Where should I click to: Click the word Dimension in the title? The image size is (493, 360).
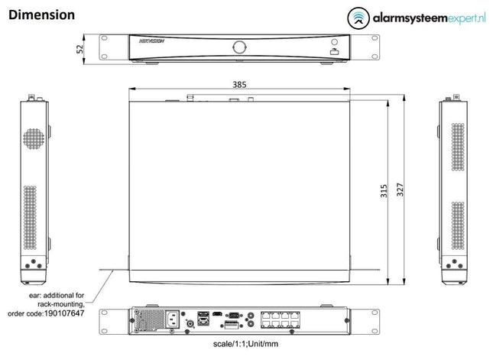point(42,15)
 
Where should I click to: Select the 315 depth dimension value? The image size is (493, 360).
point(384,190)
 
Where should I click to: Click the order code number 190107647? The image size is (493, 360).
point(64,313)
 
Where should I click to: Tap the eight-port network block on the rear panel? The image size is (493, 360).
point(281,318)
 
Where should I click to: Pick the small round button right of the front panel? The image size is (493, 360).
point(333,40)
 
